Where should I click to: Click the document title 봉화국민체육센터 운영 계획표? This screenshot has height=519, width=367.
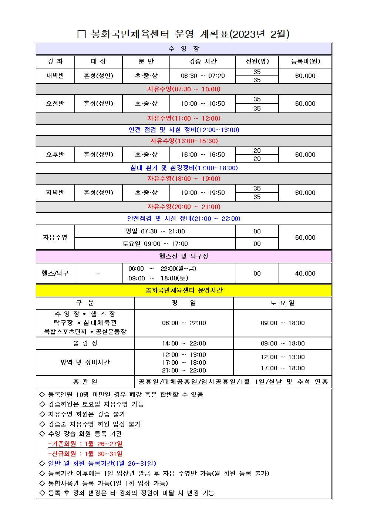coord(183,34)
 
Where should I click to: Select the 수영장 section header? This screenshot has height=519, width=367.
coord(183,49)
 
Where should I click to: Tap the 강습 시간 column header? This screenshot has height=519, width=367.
coord(202,61)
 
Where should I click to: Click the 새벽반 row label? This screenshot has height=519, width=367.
coord(55,76)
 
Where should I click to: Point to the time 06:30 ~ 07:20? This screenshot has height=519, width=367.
coord(202,76)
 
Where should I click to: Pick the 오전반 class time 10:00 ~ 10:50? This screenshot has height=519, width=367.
coord(202,104)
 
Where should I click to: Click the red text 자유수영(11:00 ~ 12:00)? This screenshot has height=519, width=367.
coord(183,118)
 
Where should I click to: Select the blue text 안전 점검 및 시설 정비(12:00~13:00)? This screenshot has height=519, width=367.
coord(183,130)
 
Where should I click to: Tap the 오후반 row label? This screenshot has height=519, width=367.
coord(55,155)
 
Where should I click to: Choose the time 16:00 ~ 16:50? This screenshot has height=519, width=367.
coord(202,155)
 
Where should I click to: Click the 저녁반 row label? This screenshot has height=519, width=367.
coord(55,193)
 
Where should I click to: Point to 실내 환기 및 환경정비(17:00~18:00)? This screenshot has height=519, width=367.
coord(183,168)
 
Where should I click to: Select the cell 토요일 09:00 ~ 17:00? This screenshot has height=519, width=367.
coord(155,244)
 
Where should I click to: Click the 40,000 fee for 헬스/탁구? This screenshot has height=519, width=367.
coord(305,273)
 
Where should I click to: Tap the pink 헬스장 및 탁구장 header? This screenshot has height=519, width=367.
coord(183,256)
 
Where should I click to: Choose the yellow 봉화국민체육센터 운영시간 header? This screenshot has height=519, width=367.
coord(183,290)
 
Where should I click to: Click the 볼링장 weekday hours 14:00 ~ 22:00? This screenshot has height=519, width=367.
coord(183,343)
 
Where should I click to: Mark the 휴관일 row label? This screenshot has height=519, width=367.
coord(85,382)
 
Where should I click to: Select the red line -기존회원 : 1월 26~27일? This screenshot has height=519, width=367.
coord(85,444)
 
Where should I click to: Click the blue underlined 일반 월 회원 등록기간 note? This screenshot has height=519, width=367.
coord(102,464)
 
